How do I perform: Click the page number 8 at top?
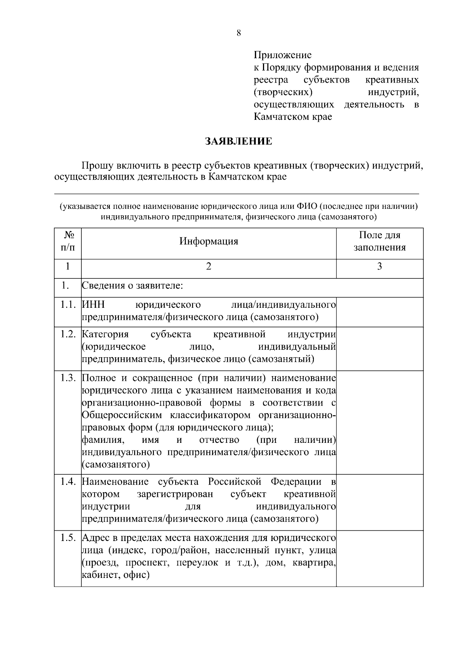[239, 33]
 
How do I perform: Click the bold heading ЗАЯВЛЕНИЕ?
[239, 142]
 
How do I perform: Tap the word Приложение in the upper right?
[282, 55]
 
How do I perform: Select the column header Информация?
[209, 242]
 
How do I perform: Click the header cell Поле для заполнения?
[380, 242]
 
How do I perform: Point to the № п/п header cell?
[68, 242]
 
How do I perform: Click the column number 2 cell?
[209, 266]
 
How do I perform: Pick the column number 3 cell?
[380, 266]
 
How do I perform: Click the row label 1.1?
[68, 305]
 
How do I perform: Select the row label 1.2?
[68, 334]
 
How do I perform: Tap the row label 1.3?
[68, 378]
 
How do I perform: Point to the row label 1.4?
[68, 482]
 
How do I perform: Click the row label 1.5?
[68, 538]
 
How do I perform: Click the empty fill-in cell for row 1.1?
[380, 312]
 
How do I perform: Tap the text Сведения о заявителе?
[133, 286]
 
